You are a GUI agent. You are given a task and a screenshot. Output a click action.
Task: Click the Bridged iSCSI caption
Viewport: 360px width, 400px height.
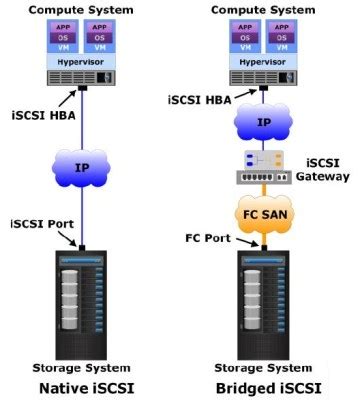point(264,387)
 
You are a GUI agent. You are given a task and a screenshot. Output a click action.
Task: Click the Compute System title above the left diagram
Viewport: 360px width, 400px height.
point(87,9)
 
